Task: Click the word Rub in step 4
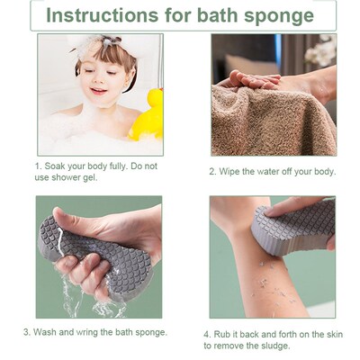point(226,333)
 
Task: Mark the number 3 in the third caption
point(26,332)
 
